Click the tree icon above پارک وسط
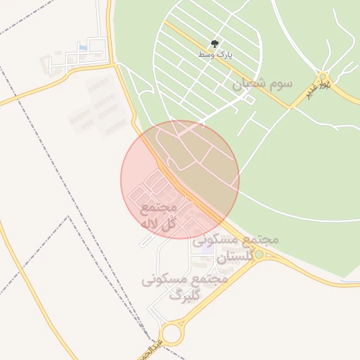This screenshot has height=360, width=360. click(x=215, y=43)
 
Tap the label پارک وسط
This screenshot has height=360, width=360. click(x=215, y=54)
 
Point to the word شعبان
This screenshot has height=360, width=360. click(x=250, y=84)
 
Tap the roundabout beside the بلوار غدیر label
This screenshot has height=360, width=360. click(x=323, y=77)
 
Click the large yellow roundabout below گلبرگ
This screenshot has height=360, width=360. click(x=171, y=333)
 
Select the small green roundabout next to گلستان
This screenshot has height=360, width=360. click(x=259, y=254)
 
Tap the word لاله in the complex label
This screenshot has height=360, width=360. click(x=152, y=224)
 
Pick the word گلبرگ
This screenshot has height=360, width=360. click(x=185, y=295)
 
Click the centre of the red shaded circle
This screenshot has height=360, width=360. click(x=180, y=180)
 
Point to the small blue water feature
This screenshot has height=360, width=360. click(x=84, y=48)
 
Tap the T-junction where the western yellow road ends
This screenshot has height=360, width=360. click(x=112, y=65)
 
